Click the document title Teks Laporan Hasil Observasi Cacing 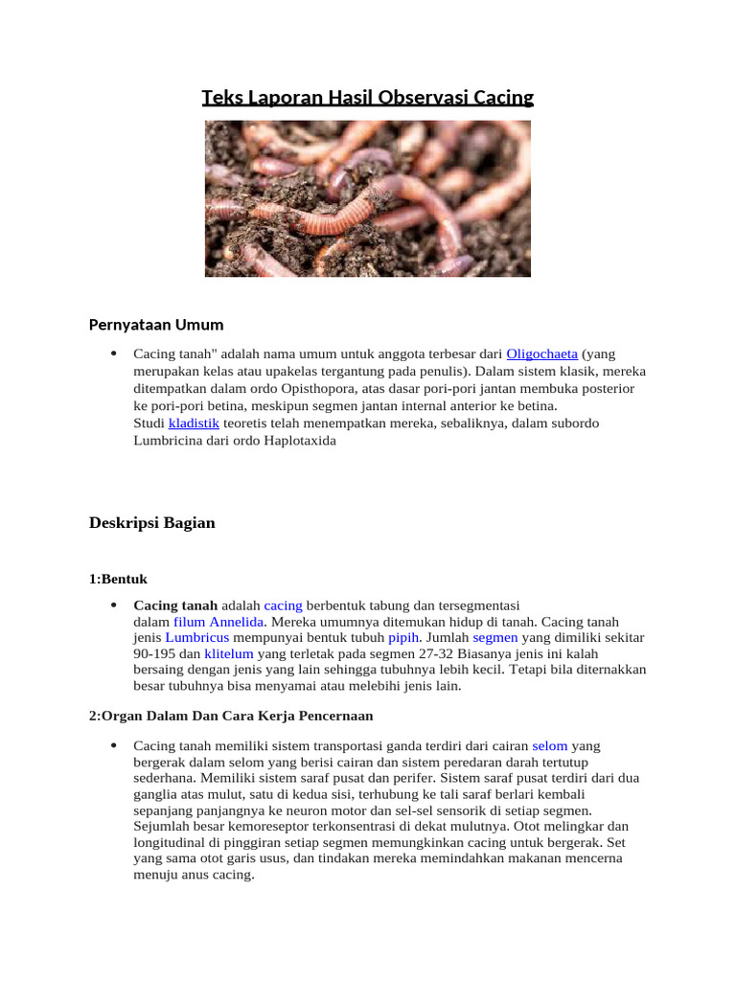[367, 98]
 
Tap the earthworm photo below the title [367, 198]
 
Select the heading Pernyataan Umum [156, 324]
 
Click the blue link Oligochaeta [541, 354]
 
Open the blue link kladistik [194, 422]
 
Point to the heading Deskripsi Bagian [152, 523]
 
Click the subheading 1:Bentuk [118, 580]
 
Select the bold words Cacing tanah [175, 605]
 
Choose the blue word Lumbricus [196, 637]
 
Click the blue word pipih [403, 637]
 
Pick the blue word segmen [494, 637]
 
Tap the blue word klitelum [229, 653]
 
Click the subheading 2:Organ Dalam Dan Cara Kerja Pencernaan [231, 716]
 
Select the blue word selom [550, 745]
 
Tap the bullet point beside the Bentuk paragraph [113, 605]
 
